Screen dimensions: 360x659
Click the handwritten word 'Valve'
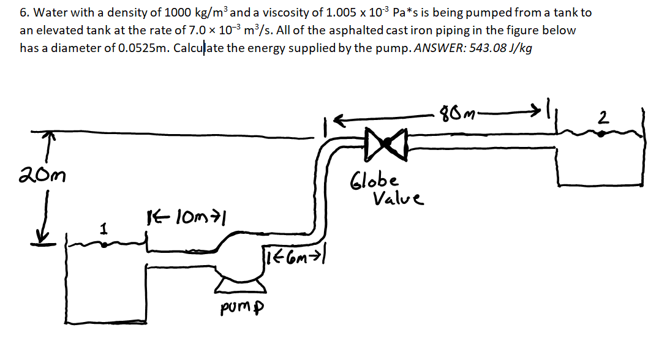(x=397, y=199)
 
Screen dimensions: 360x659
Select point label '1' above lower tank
(x=105, y=228)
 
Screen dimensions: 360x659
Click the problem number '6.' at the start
(x=24, y=13)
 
